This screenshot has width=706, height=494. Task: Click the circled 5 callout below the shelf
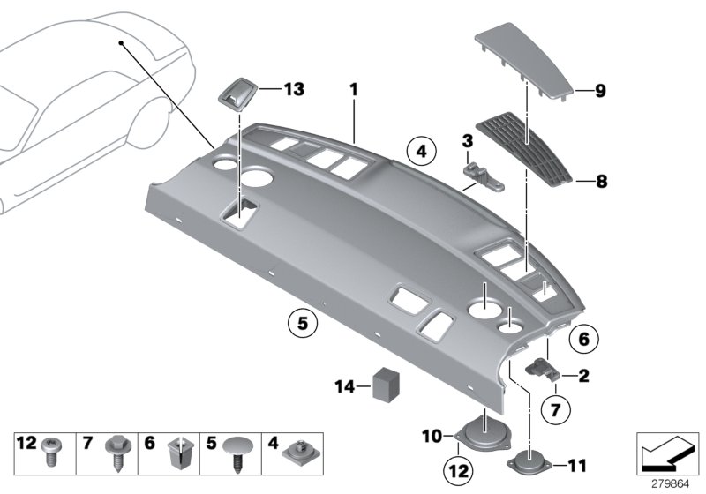pos(302,324)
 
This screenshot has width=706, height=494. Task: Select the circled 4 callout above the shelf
pos(422,152)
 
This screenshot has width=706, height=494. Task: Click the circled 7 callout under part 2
pos(556,408)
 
